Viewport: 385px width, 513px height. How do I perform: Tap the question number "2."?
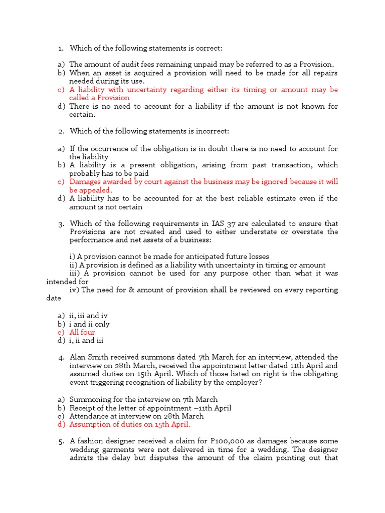tap(61, 131)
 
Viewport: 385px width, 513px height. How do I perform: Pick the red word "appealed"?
tap(96, 190)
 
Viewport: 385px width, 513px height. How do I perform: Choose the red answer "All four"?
tap(82, 332)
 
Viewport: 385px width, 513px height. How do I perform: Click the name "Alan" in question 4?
tap(79, 357)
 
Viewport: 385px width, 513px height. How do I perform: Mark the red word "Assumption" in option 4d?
tap(90, 424)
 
